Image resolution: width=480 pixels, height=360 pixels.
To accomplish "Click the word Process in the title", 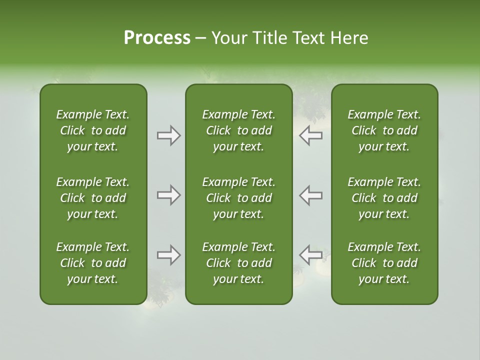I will (x=157, y=38).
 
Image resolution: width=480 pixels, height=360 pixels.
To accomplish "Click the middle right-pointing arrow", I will (x=168, y=195).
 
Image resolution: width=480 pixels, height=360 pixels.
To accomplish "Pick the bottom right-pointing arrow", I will (x=168, y=255).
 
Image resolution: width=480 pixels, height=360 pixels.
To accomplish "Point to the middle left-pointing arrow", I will (x=310, y=195).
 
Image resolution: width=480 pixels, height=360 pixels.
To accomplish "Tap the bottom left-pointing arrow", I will (x=310, y=255).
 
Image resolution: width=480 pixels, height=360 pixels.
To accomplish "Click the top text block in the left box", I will (x=93, y=130).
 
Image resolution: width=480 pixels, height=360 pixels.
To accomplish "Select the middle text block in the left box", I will (x=93, y=198).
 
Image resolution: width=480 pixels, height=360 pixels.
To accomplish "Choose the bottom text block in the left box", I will (x=93, y=263).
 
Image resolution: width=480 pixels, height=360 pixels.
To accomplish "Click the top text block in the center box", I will (x=238, y=130).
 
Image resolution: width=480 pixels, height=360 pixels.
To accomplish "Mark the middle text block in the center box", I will (x=238, y=198).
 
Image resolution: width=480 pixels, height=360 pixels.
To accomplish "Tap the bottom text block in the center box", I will (x=238, y=263).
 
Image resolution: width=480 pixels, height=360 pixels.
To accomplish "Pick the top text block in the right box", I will (x=384, y=130).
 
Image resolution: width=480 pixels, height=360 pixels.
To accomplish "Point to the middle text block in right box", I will (x=384, y=198).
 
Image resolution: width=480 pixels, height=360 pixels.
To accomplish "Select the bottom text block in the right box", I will (x=384, y=263).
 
